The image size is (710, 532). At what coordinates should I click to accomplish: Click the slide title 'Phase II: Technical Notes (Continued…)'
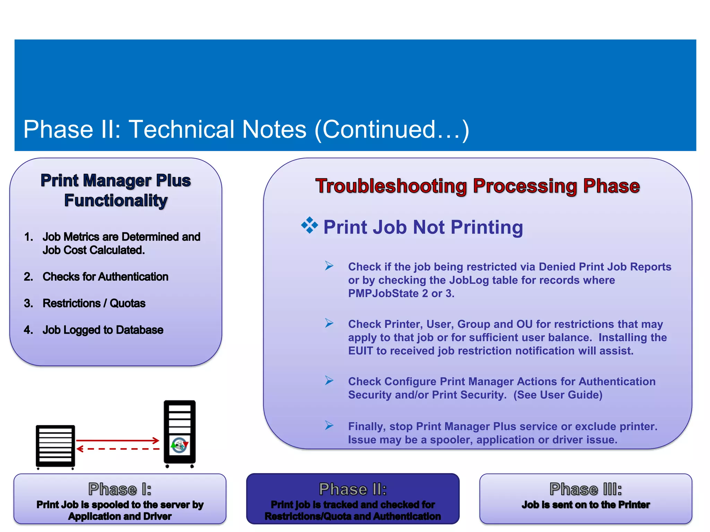click(246, 130)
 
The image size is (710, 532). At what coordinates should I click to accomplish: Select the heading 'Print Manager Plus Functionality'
click(116, 190)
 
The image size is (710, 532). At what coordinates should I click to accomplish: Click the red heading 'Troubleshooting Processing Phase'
click(477, 186)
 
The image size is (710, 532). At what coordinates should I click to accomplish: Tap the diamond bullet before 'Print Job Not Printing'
click(309, 226)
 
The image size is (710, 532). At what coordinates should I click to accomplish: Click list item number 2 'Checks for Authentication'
click(105, 277)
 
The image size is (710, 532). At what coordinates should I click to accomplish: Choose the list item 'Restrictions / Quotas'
click(94, 303)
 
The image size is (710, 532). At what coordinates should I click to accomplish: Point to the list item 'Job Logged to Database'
click(103, 330)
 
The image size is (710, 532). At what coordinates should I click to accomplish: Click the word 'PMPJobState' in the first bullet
click(383, 294)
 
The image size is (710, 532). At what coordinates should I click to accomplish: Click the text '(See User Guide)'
click(557, 395)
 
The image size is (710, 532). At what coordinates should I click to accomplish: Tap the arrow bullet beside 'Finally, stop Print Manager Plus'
click(329, 425)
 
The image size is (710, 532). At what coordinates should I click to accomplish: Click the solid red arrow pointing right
click(118, 441)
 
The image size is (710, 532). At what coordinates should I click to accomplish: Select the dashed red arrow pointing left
click(118, 449)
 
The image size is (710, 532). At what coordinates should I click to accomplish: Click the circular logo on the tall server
click(180, 445)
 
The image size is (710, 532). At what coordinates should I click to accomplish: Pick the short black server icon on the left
click(55, 446)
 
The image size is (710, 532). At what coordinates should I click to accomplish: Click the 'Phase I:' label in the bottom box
click(120, 489)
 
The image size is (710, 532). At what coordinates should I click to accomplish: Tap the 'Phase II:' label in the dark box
click(353, 489)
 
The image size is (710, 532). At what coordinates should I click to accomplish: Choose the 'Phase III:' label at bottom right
click(586, 489)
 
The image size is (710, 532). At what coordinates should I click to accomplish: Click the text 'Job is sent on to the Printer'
click(586, 505)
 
